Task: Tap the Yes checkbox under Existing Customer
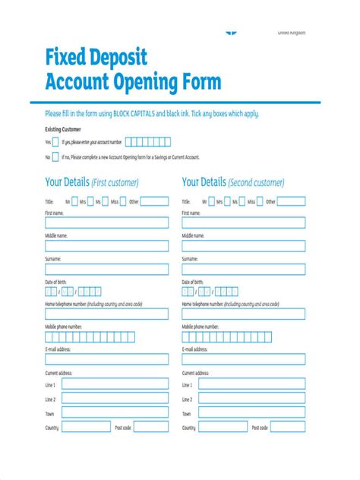click(x=56, y=142)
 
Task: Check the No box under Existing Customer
click(x=56, y=157)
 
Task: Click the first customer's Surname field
click(x=107, y=269)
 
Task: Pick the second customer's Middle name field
click(x=244, y=246)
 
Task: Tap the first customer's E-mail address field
click(x=107, y=358)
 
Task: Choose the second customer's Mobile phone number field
click(x=244, y=336)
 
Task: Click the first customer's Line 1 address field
click(x=115, y=385)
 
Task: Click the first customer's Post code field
click(x=152, y=428)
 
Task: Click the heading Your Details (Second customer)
click(x=233, y=182)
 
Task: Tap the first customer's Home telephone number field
click(x=107, y=314)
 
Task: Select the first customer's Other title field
click(x=156, y=202)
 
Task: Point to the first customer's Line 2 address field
click(x=115, y=399)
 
